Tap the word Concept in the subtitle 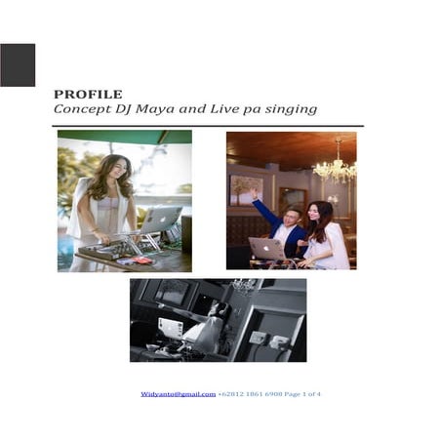pos(78,110)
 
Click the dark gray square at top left pos(18,65)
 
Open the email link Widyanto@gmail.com pos(178,393)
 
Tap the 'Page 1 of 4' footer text pos(303,393)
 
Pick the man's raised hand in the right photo pos(254,194)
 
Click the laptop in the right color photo pos(266,249)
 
